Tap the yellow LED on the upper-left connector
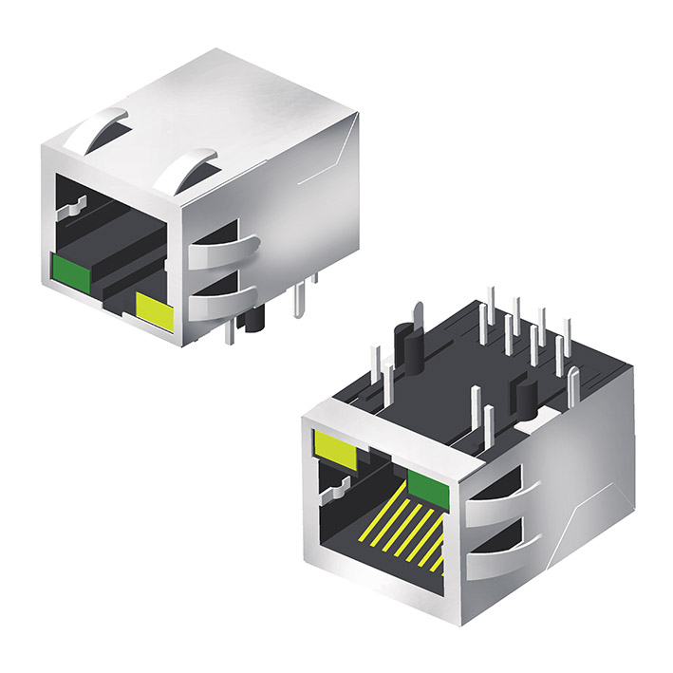[155, 311]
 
